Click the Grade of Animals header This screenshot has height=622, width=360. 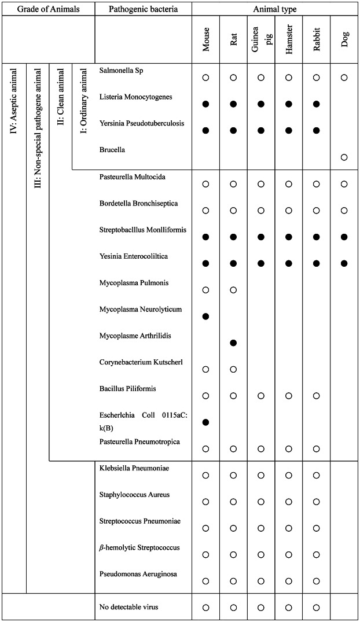[x=47, y=9]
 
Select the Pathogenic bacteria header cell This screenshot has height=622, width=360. [x=143, y=9]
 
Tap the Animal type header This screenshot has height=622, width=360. [x=275, y=9]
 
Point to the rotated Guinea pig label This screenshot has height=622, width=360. [x=261, y=39]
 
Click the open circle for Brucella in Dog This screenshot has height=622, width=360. [x=344, y=157]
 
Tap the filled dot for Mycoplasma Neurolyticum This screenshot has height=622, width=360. [x=205, y=316]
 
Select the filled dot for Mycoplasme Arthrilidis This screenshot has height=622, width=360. [x=233, y=343]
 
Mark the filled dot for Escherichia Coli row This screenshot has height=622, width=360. [x=205, y=422]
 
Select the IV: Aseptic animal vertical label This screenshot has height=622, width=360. [x=14, y=111]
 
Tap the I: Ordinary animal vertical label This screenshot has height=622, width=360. [x=83, y=110]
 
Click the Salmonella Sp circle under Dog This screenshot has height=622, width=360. [x=344, y=77]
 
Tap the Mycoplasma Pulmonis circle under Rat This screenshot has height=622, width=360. [x=233, y=290]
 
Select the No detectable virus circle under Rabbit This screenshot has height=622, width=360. [x=317, y=608]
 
